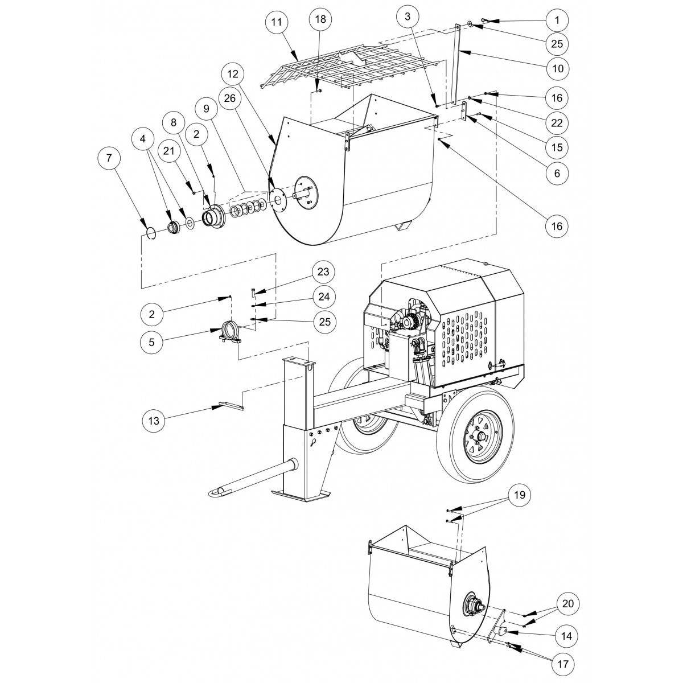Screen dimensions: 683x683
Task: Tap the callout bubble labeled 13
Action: pyautogui.click(x=155, y=421)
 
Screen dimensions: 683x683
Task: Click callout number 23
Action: pyautogui.click(x=323, y=271)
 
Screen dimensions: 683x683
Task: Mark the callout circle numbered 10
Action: pyautogui.click(x=557, y=68)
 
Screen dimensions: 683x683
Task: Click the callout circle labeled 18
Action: pyautogui.click(x=320, y=18)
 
